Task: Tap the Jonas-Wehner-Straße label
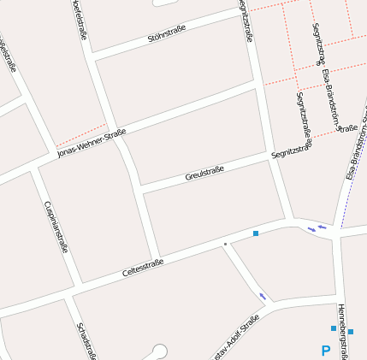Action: tap(92, 143)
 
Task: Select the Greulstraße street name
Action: tap(204, 174)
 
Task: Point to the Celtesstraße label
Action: tap(143, 268)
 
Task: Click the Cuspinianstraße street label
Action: tap(56, 227)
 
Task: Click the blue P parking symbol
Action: tap(325, 351)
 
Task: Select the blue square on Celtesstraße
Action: tap(256, 233)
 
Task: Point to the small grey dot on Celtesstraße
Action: tap(225, 244)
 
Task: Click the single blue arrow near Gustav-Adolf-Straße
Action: tap(263, 296)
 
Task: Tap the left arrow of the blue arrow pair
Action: tap(311, 229)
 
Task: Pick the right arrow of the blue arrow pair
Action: tap(322, 226)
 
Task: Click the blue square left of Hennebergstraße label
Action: tap(334, 328)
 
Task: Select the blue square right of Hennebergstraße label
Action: tap(351, 332)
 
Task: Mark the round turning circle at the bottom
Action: tap(158, 350)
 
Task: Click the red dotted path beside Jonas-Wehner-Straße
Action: tap(81, 137)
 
